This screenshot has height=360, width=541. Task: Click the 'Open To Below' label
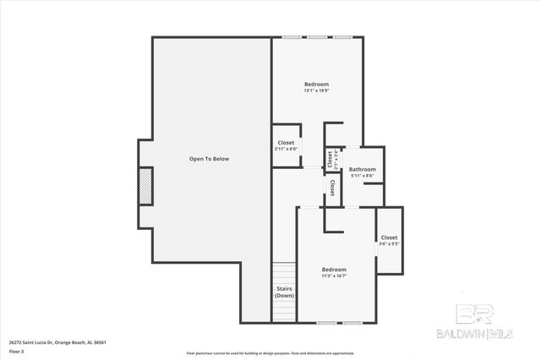click(209, 159)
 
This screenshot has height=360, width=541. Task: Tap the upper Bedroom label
click(316, 84)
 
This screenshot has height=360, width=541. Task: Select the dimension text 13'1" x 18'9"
click(316, 90)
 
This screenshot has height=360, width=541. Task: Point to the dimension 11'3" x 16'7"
click(334, 275)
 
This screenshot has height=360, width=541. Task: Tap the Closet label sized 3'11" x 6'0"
click(286, 142)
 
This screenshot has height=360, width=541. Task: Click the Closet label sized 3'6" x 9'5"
click(389, 237)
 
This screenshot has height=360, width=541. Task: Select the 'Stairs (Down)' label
click(284, 292)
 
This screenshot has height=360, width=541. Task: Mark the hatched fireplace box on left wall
click(145, 186)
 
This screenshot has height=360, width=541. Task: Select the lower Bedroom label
click(334, 269)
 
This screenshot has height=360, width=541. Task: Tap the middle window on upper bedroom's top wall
click(318, 37)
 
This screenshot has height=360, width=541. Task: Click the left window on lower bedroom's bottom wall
click(326, 323)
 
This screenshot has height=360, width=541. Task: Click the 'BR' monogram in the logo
click(475, 315)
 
